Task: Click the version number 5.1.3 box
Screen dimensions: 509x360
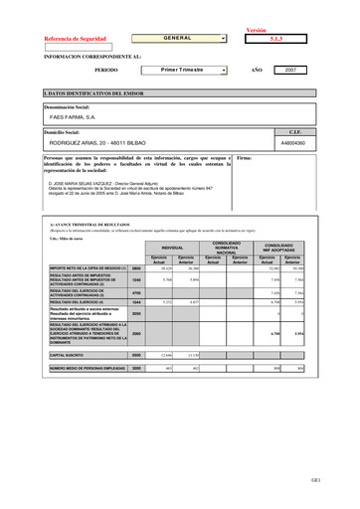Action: (x=276, y=39)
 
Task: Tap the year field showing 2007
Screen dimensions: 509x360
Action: (x=290, y=71)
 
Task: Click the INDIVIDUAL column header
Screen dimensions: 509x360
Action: (x=172, y=247)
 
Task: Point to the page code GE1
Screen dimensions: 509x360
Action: (x=342, y=479)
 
